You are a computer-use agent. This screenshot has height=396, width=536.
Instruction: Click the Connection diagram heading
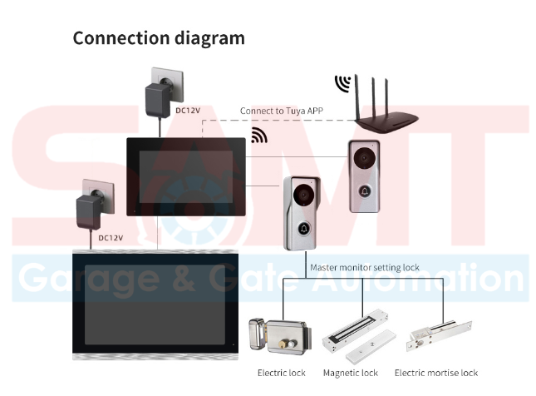click(159, 38)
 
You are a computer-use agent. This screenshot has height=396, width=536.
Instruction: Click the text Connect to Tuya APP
click(281, 110)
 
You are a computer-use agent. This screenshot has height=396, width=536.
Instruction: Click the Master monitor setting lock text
click(365, 268)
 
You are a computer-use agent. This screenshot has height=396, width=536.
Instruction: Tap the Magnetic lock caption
click(350, 373)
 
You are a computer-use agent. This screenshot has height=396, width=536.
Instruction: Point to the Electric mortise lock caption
click(436, 373)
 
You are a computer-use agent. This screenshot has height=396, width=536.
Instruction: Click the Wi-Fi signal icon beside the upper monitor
click(259, 135)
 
